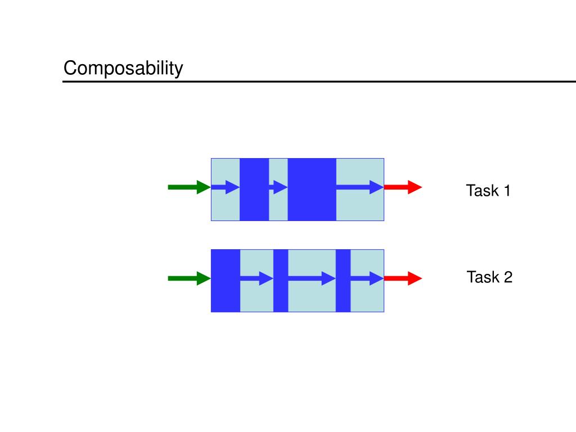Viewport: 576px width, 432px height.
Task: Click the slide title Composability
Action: [x=123, y=69]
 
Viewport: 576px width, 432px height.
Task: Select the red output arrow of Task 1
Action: [x=403, y=187]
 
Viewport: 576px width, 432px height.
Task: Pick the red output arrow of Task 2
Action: [x=403, y=278]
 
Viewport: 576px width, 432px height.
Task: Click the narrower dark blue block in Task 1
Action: [x=254, y=190]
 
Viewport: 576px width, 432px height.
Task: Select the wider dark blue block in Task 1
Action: [x=312, y=190]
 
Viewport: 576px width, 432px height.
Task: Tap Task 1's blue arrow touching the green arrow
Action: [x=225, y=187]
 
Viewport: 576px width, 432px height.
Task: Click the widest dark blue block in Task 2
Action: [x=226, y=281]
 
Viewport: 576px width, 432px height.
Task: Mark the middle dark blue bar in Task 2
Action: [x=281, y=281]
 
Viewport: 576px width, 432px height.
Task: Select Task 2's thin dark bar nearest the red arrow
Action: [x=343, y=281]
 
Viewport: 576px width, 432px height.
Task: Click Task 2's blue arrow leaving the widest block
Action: [x=256, y=278]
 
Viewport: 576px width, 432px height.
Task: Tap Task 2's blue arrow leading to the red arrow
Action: [x=367, y=278]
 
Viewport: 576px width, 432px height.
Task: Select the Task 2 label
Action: [x=489, y=277]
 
